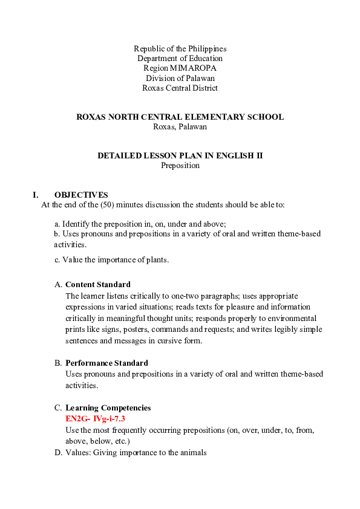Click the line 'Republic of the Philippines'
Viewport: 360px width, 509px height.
180,48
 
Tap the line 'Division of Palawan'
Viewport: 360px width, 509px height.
180,78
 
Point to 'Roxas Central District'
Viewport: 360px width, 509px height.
180,88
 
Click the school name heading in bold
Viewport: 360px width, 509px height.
180,117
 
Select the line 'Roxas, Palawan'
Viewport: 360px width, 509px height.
180,127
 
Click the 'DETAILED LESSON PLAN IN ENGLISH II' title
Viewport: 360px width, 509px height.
180,155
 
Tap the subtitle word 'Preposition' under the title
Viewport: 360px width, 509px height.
180,165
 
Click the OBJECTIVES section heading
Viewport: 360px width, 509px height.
81,195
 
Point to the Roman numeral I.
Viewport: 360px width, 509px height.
36,195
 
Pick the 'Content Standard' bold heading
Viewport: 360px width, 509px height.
97,284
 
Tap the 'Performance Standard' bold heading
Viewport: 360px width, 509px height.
106,363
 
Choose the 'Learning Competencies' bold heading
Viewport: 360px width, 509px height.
108,408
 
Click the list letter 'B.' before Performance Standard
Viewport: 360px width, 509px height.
59,363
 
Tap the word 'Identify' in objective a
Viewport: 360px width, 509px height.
77,224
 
